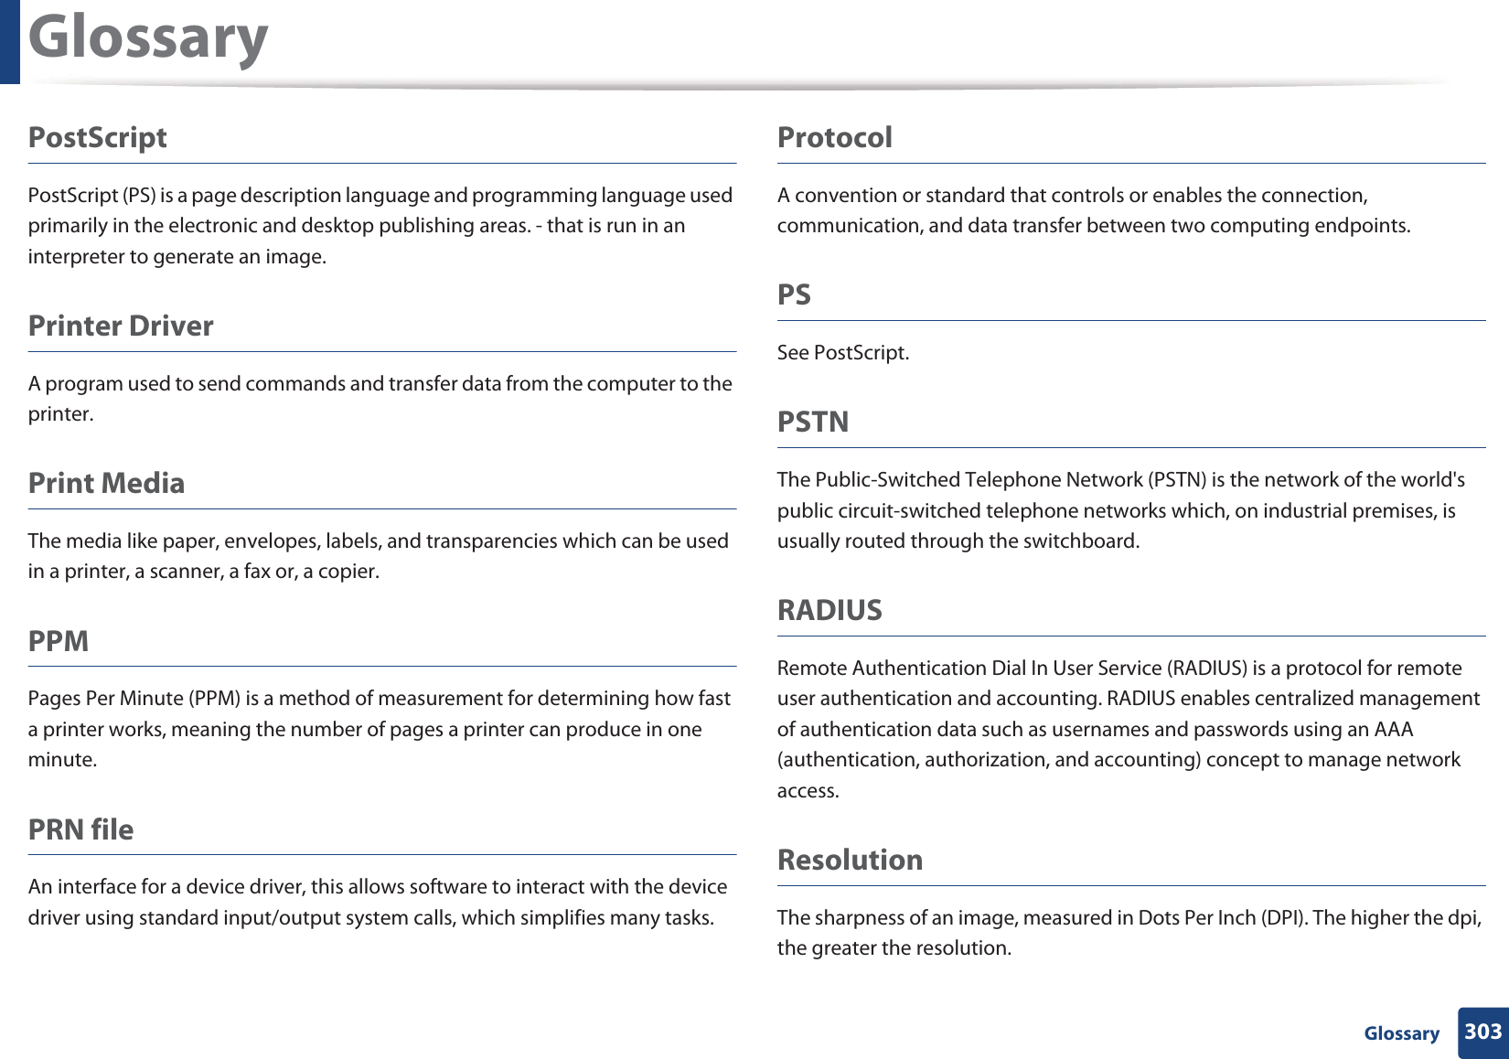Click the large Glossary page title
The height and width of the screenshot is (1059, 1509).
pos(148,38)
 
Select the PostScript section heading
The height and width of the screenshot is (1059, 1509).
pos(98,137)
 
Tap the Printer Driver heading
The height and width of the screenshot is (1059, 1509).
pos(121,326)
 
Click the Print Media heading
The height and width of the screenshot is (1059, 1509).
pos(106,483)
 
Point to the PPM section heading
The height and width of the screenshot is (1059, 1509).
pos(59,641)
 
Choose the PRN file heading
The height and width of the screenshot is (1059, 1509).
pos(80,829)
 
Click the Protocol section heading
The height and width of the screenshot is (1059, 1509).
pos(834,137)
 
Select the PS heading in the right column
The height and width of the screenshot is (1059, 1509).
pos(794,294)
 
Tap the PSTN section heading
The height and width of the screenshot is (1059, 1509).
pos(813,422)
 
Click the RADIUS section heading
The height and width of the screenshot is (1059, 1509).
pos(829,610)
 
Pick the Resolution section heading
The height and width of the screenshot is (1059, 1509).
pos(850,860)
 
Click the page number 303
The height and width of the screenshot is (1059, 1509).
pos(1482,1032)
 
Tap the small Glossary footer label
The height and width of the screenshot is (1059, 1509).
pos(1401,1033)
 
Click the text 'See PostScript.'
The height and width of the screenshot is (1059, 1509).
pos(842,353)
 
